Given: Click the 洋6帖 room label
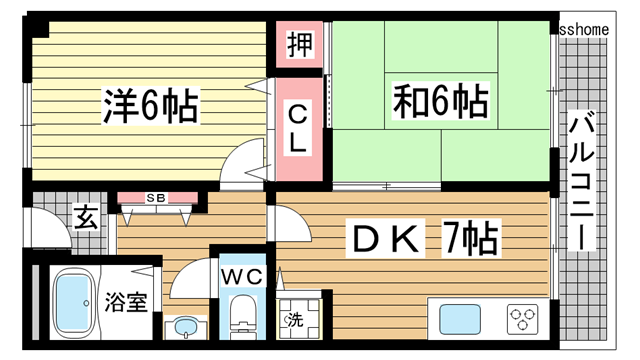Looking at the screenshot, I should tap(150, 104).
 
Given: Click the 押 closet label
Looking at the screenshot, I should tap(299, 45).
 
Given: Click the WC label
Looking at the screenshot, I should tap(240, 275).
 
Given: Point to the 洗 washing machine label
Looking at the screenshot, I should tap(295, 321).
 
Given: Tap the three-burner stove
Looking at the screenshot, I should tap(524, 320).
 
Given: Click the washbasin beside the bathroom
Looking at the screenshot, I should tap(184, 327).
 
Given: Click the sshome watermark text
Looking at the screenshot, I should tap(598, 30).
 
